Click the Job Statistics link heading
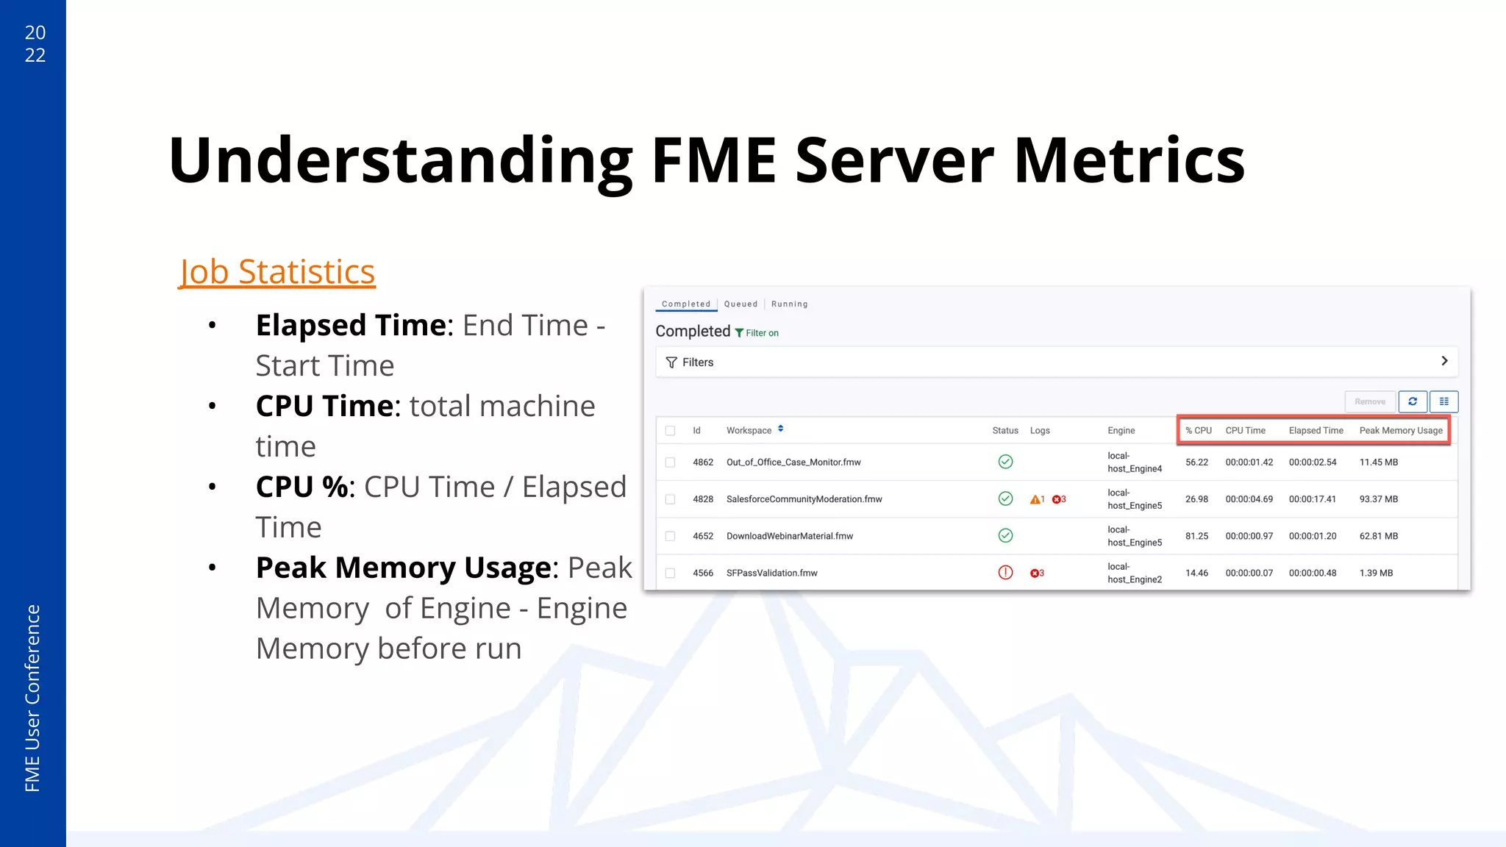tap(277, 272)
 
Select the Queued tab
tap(740, 304)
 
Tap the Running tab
tap(789, 304)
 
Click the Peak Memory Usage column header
tap(1401, 430)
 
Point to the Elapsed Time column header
tap(1316, 430)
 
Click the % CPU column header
tap(1198, 430)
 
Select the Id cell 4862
tap(702, 462)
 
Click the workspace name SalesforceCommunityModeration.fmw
tap(804, 499)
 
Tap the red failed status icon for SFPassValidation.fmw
tap(1005, 573)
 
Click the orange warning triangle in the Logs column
tap(1035, 499)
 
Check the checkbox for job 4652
tap(670, 536)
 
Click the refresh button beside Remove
tap(1412, 401)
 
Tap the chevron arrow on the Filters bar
tap(1444, 361)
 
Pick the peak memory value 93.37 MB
tap(1378, 499)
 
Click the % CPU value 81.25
tap(1196, 536)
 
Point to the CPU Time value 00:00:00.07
tap(1249, 573)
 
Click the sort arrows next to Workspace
tap(780, 429)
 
